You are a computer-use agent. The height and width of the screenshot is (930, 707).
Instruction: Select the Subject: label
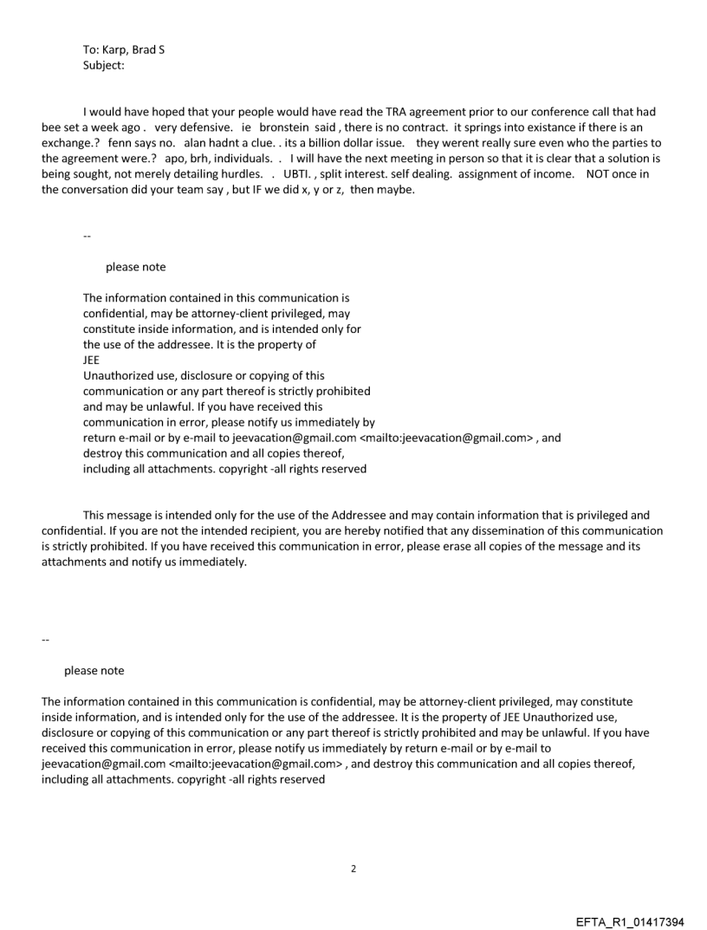[x=105, y=64]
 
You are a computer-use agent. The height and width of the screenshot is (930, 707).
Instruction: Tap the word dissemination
[x=487, y=530]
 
